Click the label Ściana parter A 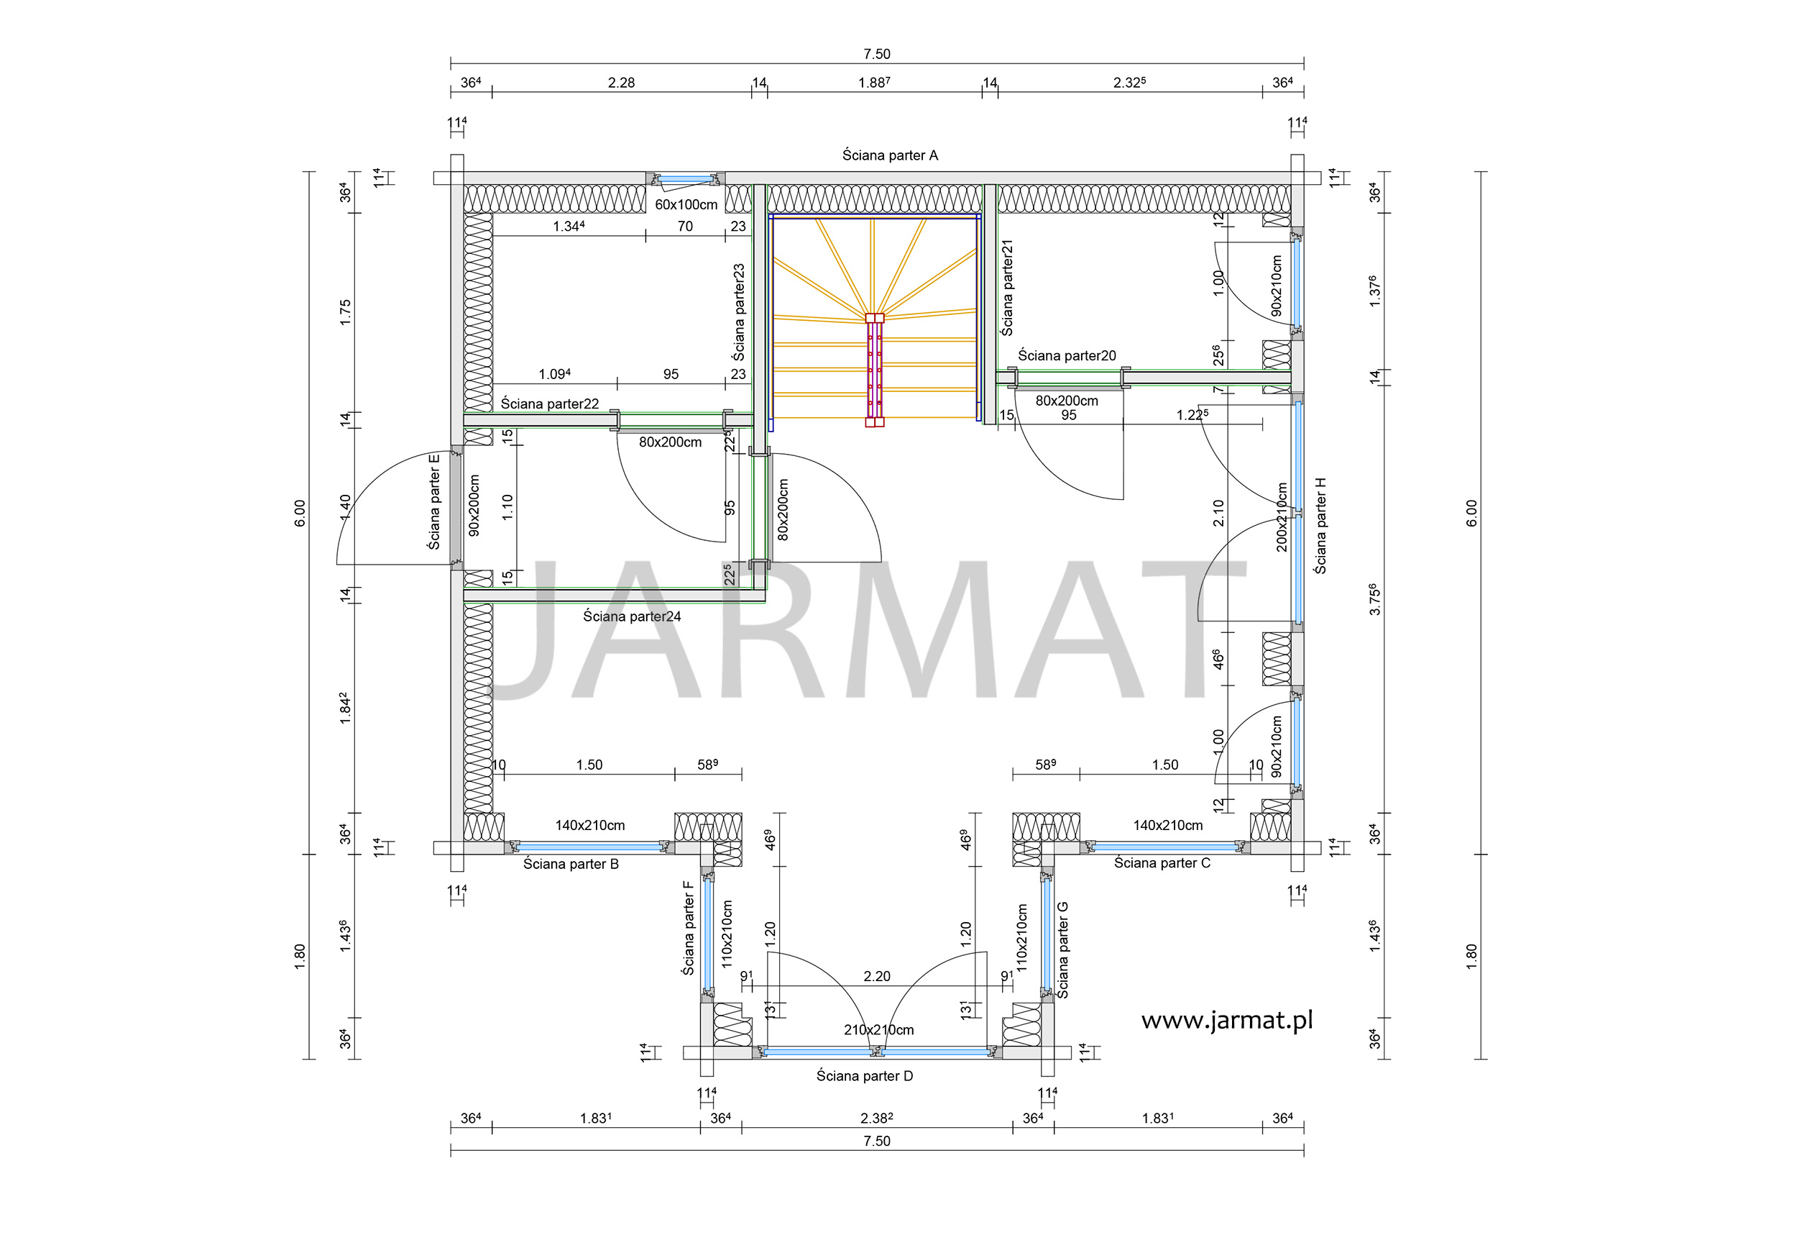pyautogui.click(x=890, y=155)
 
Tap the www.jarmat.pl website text pyautogui.click(x=1226, y=1021)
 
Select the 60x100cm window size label pyautogui.click(x=686, y=204)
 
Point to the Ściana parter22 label pyautogui.click(x=549, y=404)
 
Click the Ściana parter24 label pyautogui.click(x=632, y=616)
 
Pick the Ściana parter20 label pyautogui.click(x=1067, y=355)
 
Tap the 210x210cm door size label pyautogui.click(x=878, y=1030)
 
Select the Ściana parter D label pyautogui.click(x=865, y=1076)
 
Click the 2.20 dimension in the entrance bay pyautogui.click(x=877, y=977)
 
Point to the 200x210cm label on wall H pyautogui.click(x=1281, y=517)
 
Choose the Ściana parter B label pyautogui.click(x=571, y=864)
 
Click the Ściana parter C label pyautogui.click(x=1162, y=863)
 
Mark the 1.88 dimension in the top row pyautogui.click(x=874, y=82)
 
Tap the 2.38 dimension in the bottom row pyautogui.click(x=877, y=1118)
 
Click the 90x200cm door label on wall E pyautogui.click(x=474, y=505)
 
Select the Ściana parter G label pyautogui.click(x=1062, y=950)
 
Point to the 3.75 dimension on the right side pyautogui.click(x=1375, y=599)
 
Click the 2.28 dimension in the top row pyautogui.click(x=622, y=82)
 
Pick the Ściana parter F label pyautogui.click(x=688, y=928)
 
